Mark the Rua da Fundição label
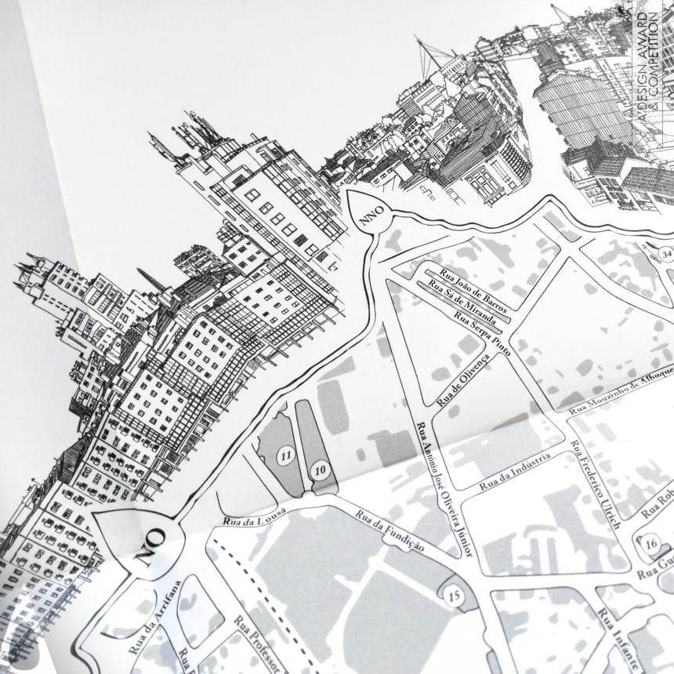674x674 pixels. pos(390,533)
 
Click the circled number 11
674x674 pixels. pos(286,454)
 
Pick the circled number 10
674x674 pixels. pos(320,470)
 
